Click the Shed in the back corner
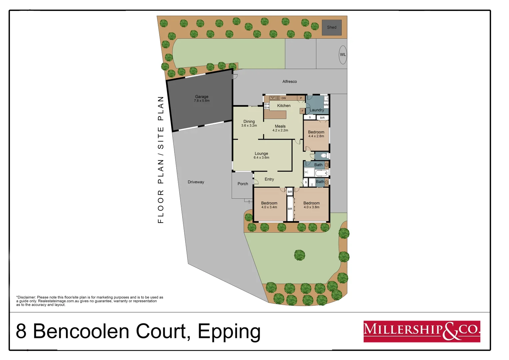pyautogui.click(x=331, y=28)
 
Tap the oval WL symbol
pyautogui.click(x=343, y=55)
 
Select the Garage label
pyautogui.click(x=202, y=97)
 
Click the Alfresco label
pyautogui.click(x=289, y=82)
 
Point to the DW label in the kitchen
pyautogui.click(x=284, y=98)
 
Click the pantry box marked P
pyautogui.click(x=301, y=98)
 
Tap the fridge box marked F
pyautogui.click(x=303, y=111)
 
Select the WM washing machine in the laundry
pyautogui.click(x=326, y=105)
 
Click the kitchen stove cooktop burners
pyautogui.click(x=267, y=106)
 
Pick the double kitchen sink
pyautogui.click(x=275, y=98)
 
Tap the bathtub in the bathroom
pyautogui.click(x=322, y=173)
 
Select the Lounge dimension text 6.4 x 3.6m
pyautogui.click(x=261, y=158)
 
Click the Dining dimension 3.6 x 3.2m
pyautogui.click(x=249, y=126)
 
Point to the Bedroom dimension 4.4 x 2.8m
pyautogui.click(x=316, y=136)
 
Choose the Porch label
pyautogui.click(x=243, y=184)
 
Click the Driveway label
pyautogui.click(x=196, y=182)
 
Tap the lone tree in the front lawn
pyautogui.click(x=300, y=255)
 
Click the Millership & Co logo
pyautogui.click(x=422, y=331)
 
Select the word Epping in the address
pyautogui.click(x=229, y=332)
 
